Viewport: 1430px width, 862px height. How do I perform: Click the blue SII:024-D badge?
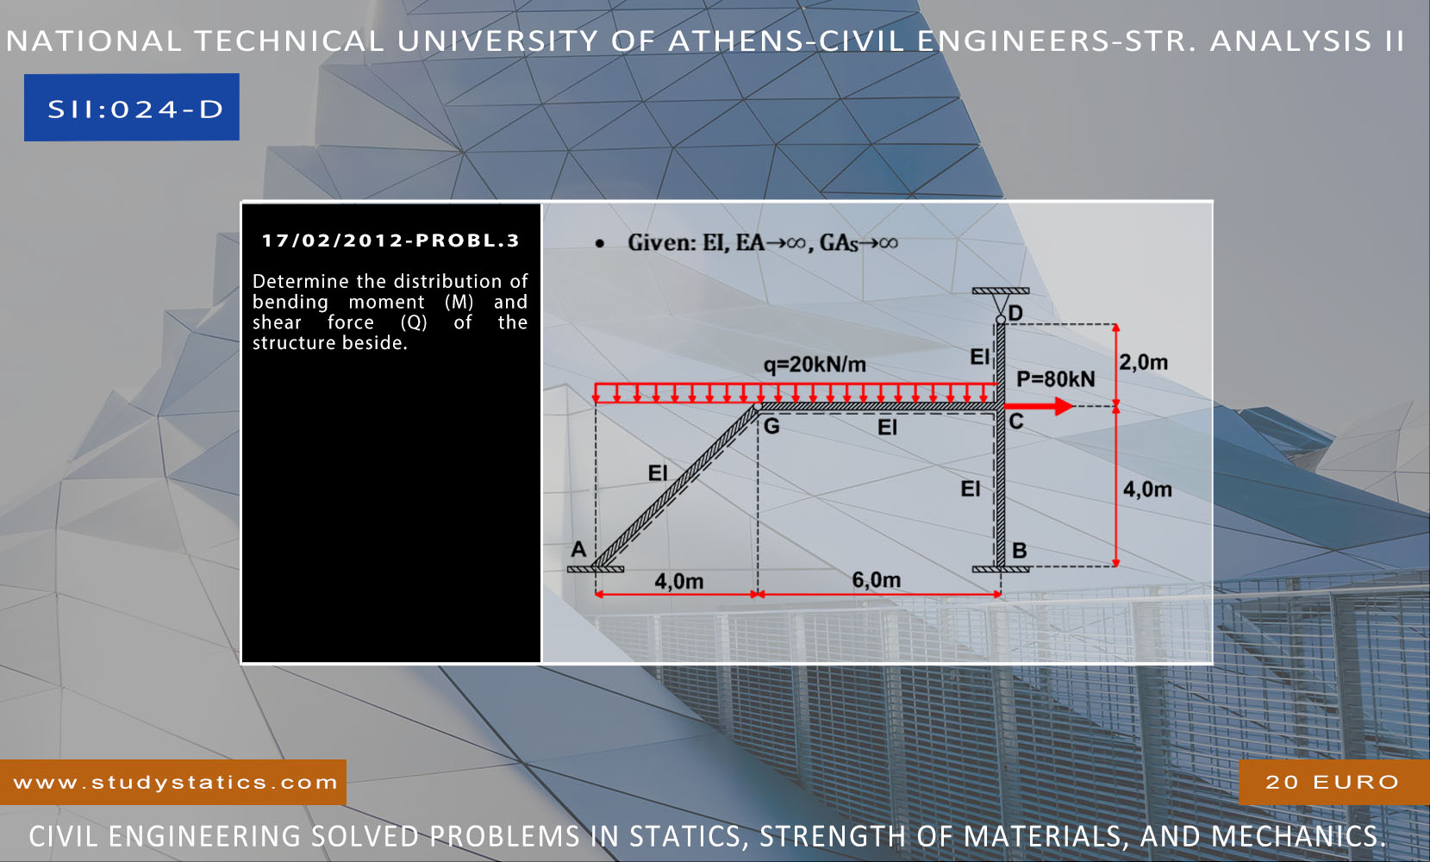coord(132,108)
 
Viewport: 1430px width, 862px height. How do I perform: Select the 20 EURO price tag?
coord(1332,782)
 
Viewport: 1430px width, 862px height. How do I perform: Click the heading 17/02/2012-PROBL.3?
coord(390,240)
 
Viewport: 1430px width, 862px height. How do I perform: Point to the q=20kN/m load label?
coord(815,365)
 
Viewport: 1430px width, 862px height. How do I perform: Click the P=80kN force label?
coord(1055,379)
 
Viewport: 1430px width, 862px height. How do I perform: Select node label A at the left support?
coord(578,549)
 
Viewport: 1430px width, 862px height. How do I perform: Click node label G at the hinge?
coord(771,426)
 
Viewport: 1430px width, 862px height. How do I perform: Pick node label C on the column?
coord(1016,422)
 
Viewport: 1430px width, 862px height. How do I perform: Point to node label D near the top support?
coord(1015,313)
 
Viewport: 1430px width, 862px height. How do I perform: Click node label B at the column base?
coord(1020,550)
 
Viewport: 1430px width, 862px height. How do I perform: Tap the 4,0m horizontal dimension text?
coord(678,582)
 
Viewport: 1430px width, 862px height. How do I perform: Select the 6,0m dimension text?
coord(876,580)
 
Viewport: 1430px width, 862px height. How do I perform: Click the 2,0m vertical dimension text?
coord(1144,362)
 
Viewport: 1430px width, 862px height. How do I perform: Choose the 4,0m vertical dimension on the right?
coord(1146,490)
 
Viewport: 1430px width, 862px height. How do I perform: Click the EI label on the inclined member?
coord(658,473)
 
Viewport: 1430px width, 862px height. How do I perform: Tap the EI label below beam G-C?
coord(887,428)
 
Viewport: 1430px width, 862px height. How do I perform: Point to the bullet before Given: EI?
coord(599,244)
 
